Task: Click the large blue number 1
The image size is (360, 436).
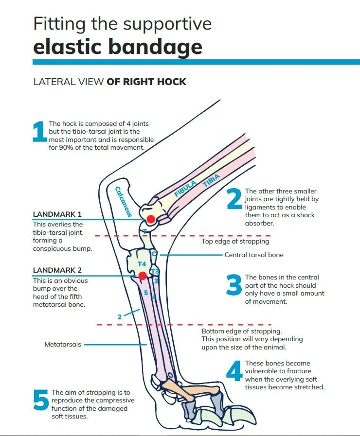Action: tap(39, 132)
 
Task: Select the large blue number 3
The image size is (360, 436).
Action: tap(234, 286)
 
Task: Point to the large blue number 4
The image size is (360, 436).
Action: tap(234, 372)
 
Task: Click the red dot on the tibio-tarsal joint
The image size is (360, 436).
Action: tap(151, 219)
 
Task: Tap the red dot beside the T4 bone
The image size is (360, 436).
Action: tap(142, 276)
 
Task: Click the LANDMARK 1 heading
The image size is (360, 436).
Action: tap(57, 214)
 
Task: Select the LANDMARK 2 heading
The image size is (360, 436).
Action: tap(57, 270)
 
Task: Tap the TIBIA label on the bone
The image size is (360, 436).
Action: tap(212, 181)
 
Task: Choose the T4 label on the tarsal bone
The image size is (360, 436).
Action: tap(142, 263)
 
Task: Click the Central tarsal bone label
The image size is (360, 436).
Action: tap(253, 255)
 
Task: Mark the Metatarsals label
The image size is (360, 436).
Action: tap(63, 344)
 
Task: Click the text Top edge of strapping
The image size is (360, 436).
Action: tap(235, 241)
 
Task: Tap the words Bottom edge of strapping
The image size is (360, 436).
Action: tap(241, 331)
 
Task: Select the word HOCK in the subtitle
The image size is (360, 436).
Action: tap(171, 81)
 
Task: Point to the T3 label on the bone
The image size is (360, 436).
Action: tap(155, 271)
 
